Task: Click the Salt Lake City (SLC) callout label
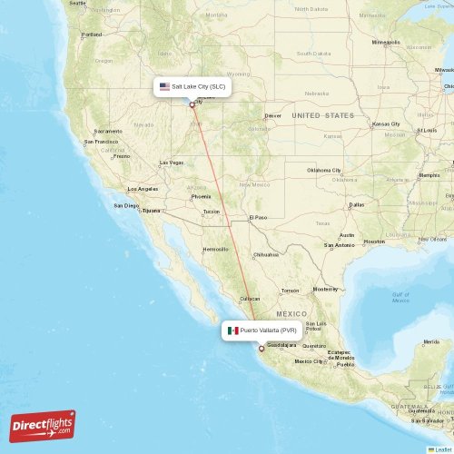pos(192,86)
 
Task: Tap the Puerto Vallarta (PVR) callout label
pos(262,331)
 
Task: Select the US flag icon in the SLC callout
pos(164,86)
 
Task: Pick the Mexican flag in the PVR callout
pos(233,331)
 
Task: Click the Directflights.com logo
pos(43,425)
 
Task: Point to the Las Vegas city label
pos(171,163)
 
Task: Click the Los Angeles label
pos(143,189)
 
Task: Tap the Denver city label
pos(272,115)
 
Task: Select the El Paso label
pos(259,217)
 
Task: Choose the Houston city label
pos(374,241)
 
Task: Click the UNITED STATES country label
pos(323,115)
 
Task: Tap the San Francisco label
pos(101,142)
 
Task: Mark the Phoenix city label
pos(201,196)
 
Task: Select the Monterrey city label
pos(324,289)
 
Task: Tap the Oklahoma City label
pos(323,170)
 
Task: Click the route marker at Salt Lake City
pos(192,104)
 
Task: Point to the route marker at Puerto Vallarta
pos(262,349)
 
